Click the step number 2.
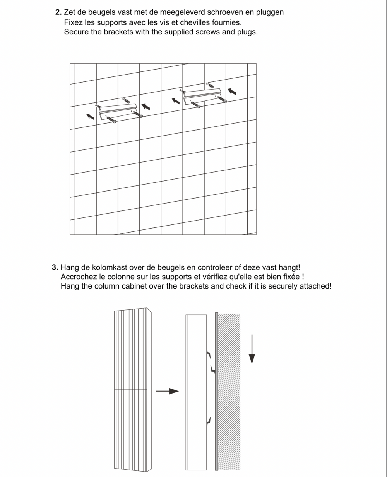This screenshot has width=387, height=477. coord(58,12)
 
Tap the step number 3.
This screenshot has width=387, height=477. coord(55,267)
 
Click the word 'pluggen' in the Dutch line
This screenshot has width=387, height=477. coord(269,12)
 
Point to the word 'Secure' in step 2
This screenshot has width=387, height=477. coord(76,32)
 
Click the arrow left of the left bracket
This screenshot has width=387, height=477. coord(91,116)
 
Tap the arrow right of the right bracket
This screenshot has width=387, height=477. coord(232,92)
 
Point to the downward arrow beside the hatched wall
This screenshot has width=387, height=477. coord(252,349)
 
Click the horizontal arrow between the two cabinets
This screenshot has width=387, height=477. coord(167,391)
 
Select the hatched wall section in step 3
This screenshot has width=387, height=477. coord(229,392)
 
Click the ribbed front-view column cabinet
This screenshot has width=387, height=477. coord(132,390)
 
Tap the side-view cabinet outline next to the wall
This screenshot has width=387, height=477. coord(197,392)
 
